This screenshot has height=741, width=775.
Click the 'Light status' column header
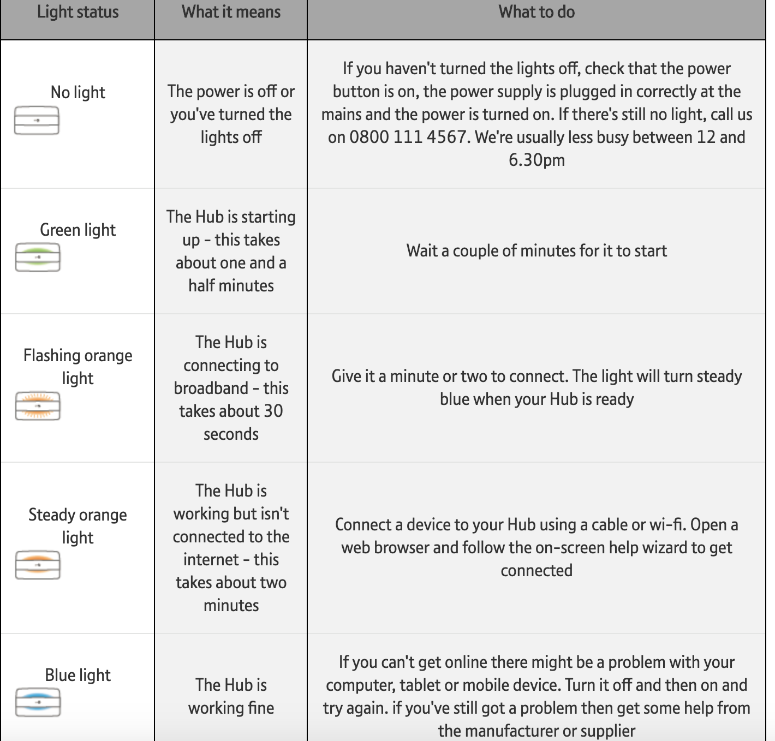(77, 12)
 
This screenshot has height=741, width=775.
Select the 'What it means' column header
(231, 12)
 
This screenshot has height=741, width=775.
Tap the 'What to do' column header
(536, 12)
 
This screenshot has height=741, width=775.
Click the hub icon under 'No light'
(37, 121)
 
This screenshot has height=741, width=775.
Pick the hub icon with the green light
(38, 258)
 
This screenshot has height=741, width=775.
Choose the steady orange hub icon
(38, 565)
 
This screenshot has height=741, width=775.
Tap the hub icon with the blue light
(38, 702)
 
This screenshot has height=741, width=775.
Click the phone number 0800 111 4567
(409, 137)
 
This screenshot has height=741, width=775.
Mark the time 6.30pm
(536, 160)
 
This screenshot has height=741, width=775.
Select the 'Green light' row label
(77, 230)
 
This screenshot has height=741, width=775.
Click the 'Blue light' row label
(77, 675)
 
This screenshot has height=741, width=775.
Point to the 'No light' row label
(77, 92)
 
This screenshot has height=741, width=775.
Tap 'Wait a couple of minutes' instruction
(536, 250)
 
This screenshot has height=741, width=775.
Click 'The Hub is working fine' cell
(231, 696)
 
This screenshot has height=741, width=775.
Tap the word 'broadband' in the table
(211, 388)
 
